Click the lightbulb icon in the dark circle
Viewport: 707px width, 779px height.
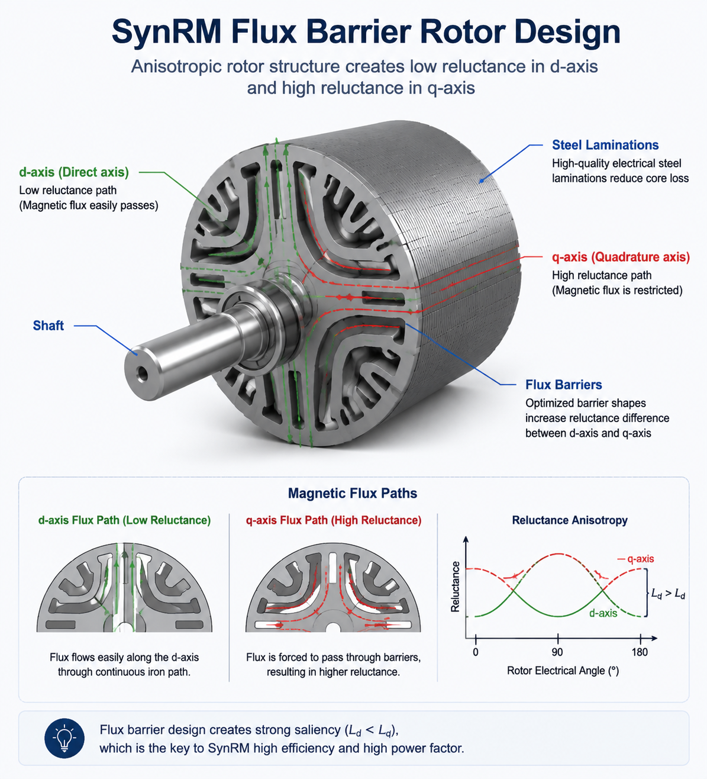coord(64,738)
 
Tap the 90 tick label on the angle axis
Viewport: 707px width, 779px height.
coord(557,652)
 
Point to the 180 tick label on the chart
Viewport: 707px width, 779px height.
coord(640,652)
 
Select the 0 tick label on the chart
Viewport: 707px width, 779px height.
coord(476,652)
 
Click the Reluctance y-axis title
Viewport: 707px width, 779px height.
coord(455,587)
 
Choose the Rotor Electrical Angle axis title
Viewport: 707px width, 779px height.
coord(563,671)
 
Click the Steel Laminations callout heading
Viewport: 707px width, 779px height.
coord(605,145)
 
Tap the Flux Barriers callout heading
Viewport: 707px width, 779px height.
coord(564,384)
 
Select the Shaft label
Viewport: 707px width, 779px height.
coord(48,326)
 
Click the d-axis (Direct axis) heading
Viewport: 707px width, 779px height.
coord(74,172)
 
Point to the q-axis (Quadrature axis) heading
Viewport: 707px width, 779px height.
coord(621,257)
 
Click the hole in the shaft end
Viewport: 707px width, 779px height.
coord(143,374)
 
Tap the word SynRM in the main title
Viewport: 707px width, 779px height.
coord(167,31)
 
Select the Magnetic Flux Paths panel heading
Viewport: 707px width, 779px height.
coord(353,493)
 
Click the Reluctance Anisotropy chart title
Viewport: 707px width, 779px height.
coord(570,520)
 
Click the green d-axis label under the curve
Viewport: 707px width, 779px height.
coord(603,613)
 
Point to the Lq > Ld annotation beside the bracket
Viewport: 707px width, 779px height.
coord(668,594)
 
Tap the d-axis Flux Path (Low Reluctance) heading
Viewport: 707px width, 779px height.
coord(124,520)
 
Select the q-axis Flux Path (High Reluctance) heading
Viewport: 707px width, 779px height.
coord(334,520)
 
